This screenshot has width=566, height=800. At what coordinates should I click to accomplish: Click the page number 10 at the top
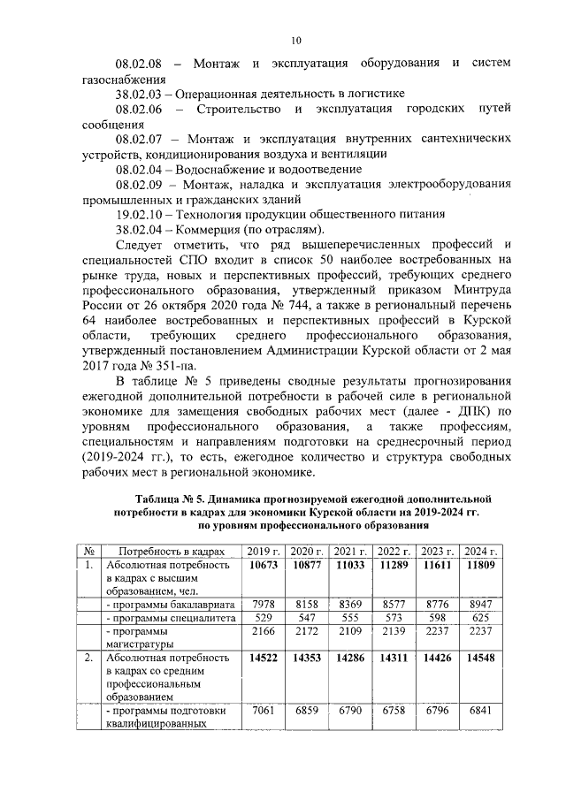[x=296, y=40]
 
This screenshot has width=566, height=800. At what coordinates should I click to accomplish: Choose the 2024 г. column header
[x=485, y=550]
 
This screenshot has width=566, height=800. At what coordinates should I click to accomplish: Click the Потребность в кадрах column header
[x=167, y=550]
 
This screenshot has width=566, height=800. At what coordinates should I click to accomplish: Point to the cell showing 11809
[x=485, y=564]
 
